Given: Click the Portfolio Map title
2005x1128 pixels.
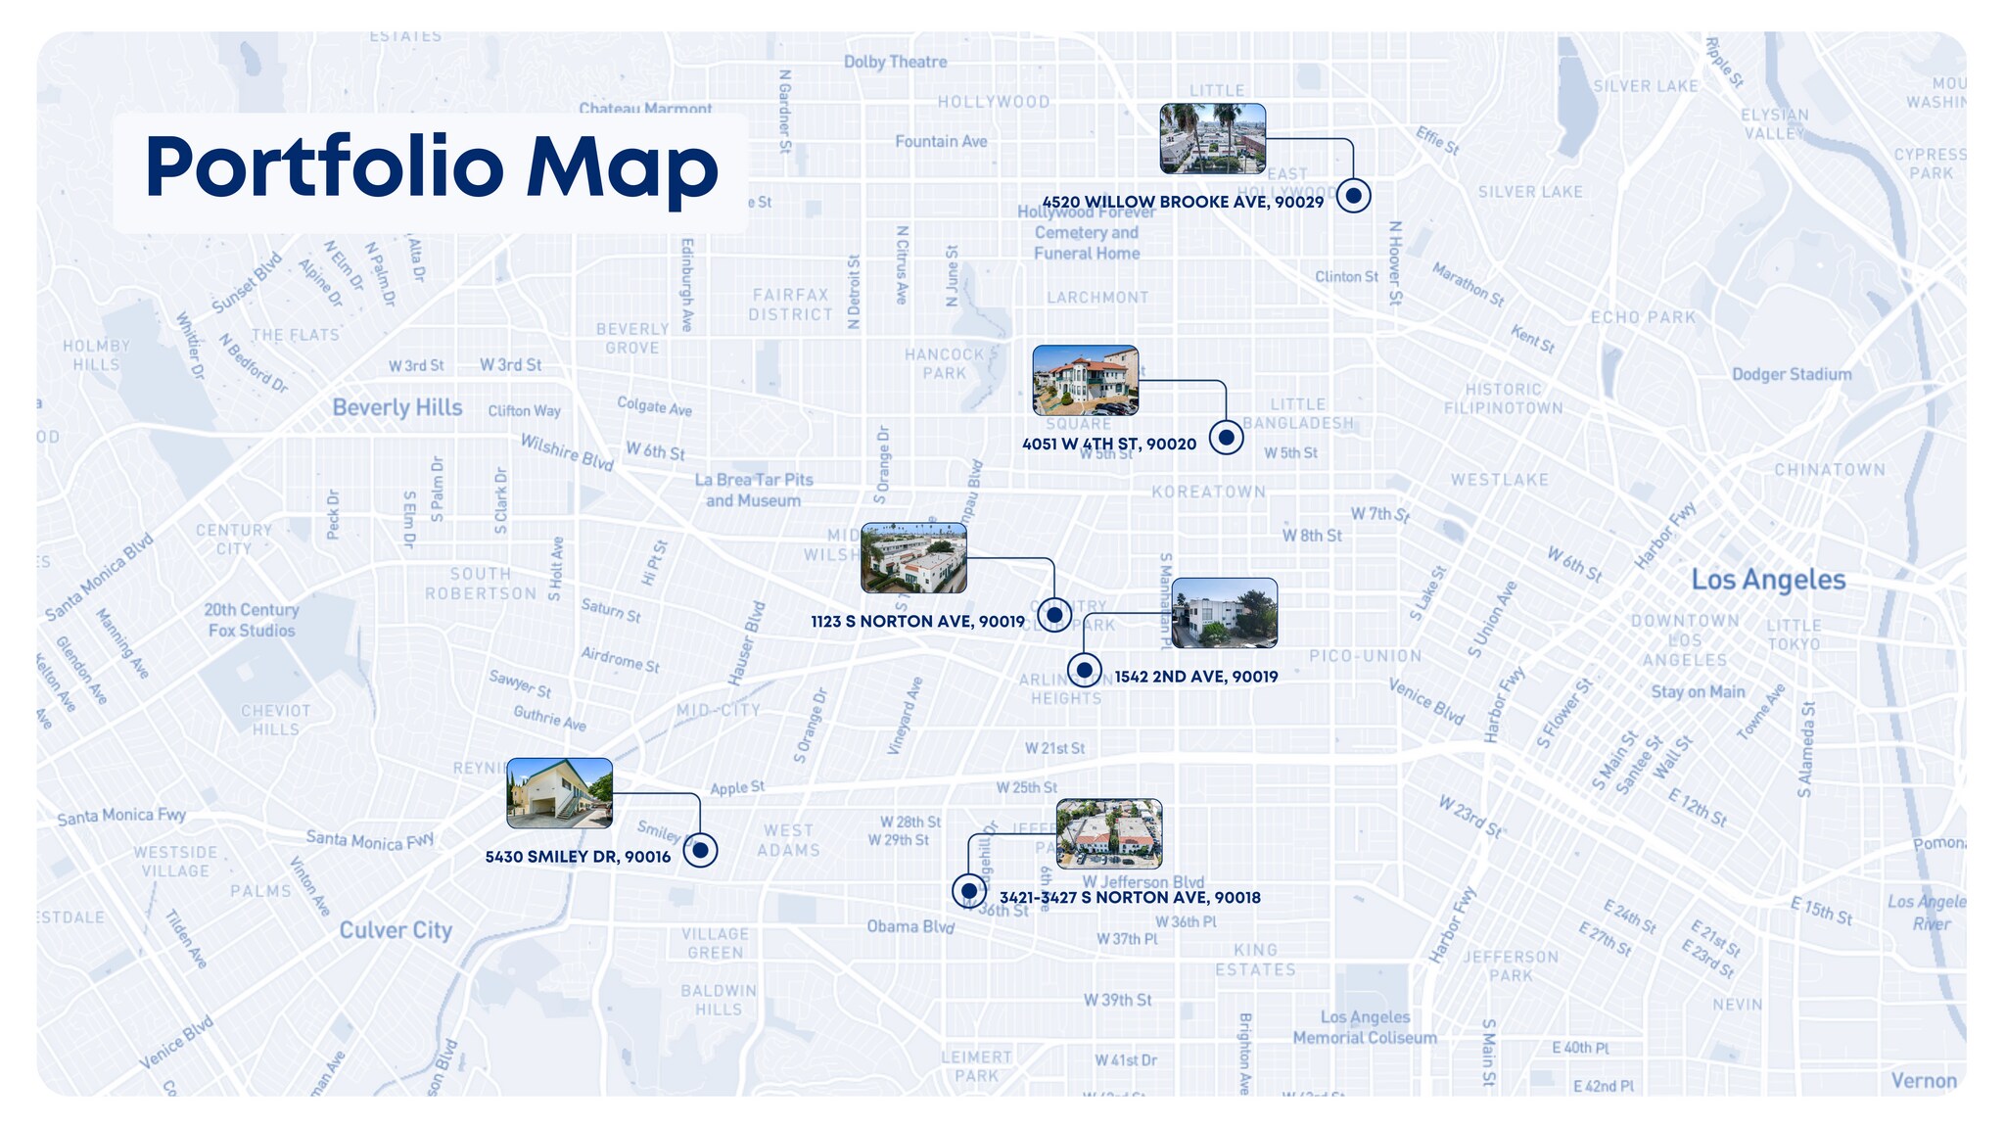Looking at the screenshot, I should [x=431, y=168].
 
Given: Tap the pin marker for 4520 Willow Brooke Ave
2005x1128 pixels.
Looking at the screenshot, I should [x=1353, y=196].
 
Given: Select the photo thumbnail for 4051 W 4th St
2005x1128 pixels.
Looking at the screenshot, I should [x=1086, y=380].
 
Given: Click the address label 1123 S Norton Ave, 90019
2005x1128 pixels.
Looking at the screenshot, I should [x=917, y=622].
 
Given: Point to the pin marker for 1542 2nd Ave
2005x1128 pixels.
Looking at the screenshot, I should [x=1084, y=671].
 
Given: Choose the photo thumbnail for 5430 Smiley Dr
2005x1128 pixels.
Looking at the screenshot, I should [x=559, y=793].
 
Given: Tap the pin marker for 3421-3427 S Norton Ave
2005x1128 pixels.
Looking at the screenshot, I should [x=968, y=891].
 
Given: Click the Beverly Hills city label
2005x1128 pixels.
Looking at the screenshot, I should [x=396, y=407].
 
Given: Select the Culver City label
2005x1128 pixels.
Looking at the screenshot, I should [x=396, y=930].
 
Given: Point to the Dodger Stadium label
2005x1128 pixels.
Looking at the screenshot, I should [x=1792, y=374].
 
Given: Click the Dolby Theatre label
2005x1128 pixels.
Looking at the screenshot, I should [x=895, y=62].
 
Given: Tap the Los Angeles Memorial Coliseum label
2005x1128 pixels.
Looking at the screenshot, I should [x=1365, y=1027].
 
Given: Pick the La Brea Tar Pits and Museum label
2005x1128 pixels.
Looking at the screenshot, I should [x=754, y=490].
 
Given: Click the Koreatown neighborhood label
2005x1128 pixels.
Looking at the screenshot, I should [x=1208, y=492].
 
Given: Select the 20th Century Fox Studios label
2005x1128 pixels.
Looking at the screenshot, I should [x=252, y=620].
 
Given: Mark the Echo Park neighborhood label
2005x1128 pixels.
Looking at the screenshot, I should [x=1643, y=317].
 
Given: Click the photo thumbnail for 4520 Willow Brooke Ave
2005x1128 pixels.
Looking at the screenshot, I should [x=1212, y=139].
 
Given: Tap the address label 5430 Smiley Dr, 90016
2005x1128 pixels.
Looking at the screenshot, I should [x=578, y=857].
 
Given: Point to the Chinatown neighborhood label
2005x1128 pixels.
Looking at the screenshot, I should [x=1829, y=470].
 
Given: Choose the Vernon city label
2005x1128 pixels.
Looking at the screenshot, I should [x=1923, y=1081].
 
